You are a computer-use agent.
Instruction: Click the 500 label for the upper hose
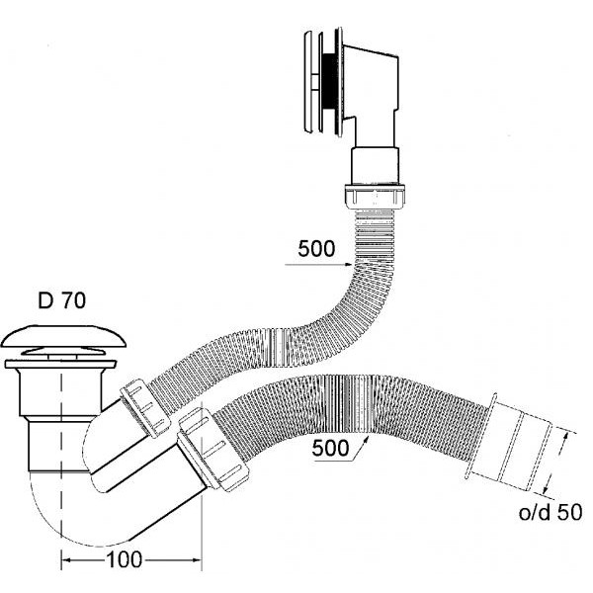[x=317, y=249]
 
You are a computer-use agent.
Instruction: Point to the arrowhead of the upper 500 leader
[x=352, y=264]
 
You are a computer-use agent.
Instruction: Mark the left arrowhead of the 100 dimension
[x=66, y=560]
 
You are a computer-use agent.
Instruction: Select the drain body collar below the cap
[x=39, y=396]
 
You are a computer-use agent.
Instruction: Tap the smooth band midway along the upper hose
[x=280, y=340]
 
